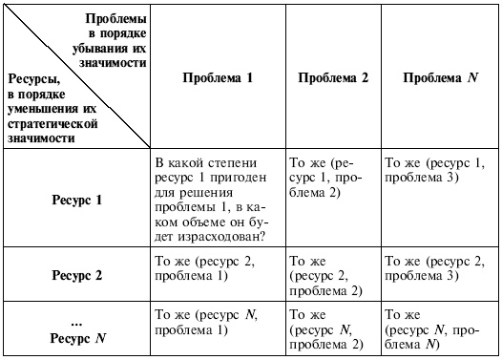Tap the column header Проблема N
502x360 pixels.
tap(440, 80)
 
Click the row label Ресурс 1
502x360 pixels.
tap(75, 201)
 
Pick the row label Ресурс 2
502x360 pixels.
tap(75, 275)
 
